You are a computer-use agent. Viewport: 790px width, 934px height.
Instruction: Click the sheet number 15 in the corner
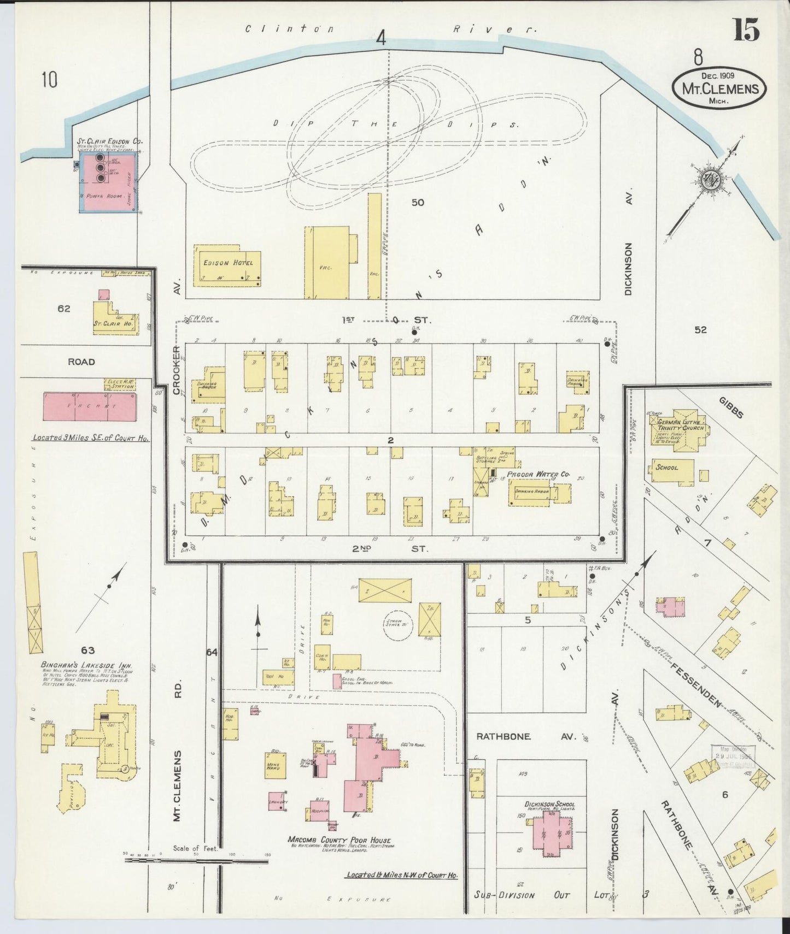(x=746, y=29)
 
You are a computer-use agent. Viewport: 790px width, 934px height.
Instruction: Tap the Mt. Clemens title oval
(x=718, y=87)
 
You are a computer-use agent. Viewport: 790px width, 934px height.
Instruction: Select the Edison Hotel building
(x=227, y=268)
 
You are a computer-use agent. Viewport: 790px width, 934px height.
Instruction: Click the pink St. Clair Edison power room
(x=108, y=181)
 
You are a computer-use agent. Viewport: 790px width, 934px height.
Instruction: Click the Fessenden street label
(x=695, y=676)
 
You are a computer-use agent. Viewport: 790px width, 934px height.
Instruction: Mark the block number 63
(x=87, y=650)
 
